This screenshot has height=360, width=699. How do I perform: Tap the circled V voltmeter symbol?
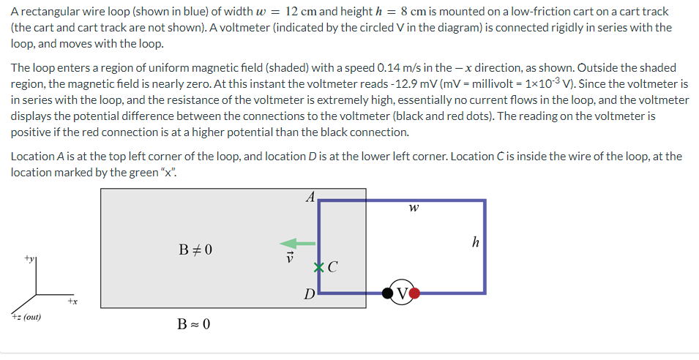[x=402, y=293]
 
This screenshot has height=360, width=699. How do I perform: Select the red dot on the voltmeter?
[x=416, y=293]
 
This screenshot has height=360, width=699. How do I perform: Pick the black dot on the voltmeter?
[x=387, y=293]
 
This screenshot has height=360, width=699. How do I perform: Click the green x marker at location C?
[x=318, y=267]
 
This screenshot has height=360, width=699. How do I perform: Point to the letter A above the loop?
[x=310, y=196]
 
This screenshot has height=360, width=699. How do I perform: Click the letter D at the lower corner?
[x=310, y=295]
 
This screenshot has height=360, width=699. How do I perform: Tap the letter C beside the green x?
[x=332, y=268]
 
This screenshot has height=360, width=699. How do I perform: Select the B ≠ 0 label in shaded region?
[x=195, y=250]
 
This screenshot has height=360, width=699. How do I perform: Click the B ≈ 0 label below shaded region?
[x=195, y=323]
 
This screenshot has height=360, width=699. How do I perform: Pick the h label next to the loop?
[x=475, y=242]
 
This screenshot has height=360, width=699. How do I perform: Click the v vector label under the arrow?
[x=289, y=258]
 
